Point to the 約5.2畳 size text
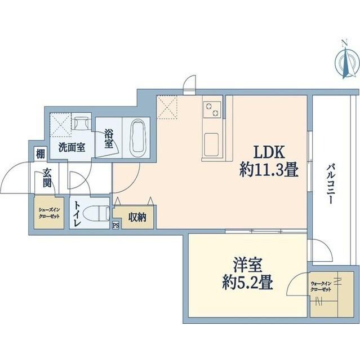248,282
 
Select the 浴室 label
108,140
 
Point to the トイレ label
77,214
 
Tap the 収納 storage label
137,217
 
